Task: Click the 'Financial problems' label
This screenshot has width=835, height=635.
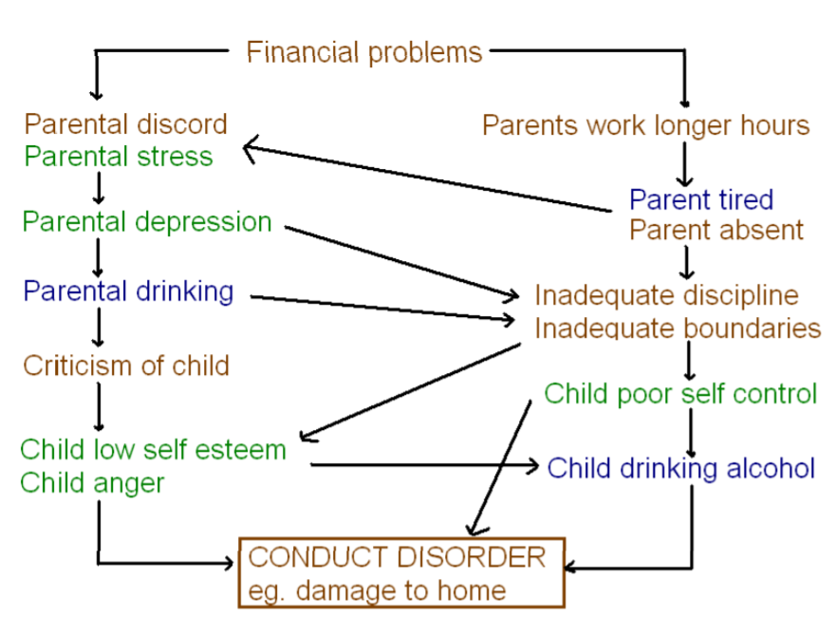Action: click(364, 51)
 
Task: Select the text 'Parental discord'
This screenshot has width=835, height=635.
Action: click(126, 124)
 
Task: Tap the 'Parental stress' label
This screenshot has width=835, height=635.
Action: click(119, 156)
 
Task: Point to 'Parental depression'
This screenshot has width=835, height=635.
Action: click(147, 222)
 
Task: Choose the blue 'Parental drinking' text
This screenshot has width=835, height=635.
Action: click(128, 290)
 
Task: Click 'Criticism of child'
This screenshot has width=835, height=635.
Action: click(126, 364)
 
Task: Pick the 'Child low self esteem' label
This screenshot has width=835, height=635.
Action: click(153, 449)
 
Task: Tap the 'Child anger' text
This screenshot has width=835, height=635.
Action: click(92, 482)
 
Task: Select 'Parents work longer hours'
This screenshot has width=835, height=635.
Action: click(645, 125)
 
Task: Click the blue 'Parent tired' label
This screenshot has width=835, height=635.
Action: click(701, 199)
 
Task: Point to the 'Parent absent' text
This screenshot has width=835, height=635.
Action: click(716, 230)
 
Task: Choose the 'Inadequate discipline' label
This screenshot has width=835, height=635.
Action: click(667, 295)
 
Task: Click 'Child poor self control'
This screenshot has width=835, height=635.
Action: click(680, 393)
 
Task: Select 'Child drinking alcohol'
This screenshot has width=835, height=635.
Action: click(681, 468)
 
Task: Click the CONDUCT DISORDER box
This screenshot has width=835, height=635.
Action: click(401, 572)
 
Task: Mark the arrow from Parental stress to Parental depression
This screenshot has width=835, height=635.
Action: click(98, 188)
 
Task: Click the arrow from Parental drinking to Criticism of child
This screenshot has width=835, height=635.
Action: click(98, 328)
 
